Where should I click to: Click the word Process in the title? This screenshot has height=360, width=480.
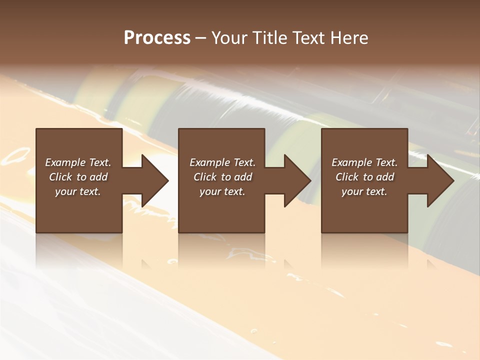157,38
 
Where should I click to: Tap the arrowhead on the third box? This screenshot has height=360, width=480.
439,180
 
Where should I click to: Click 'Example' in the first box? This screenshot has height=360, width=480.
65,162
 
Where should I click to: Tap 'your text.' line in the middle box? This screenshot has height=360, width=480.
222,191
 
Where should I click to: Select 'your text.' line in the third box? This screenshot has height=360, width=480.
364,191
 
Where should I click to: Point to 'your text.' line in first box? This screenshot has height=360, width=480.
77,191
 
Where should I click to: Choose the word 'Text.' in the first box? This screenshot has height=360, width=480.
99,162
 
